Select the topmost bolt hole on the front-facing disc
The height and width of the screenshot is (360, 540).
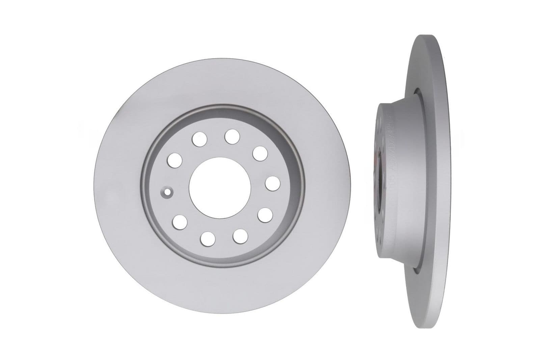pyautogui.click(x=232, y=136)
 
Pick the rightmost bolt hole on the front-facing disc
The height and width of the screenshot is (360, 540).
pyautogui.click(x=273, y=184)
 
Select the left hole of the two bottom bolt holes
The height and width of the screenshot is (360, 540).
pyautogui.click(x=208, y=238)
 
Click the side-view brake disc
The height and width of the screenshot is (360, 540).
pyautogui.click(x=435, y=182)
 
